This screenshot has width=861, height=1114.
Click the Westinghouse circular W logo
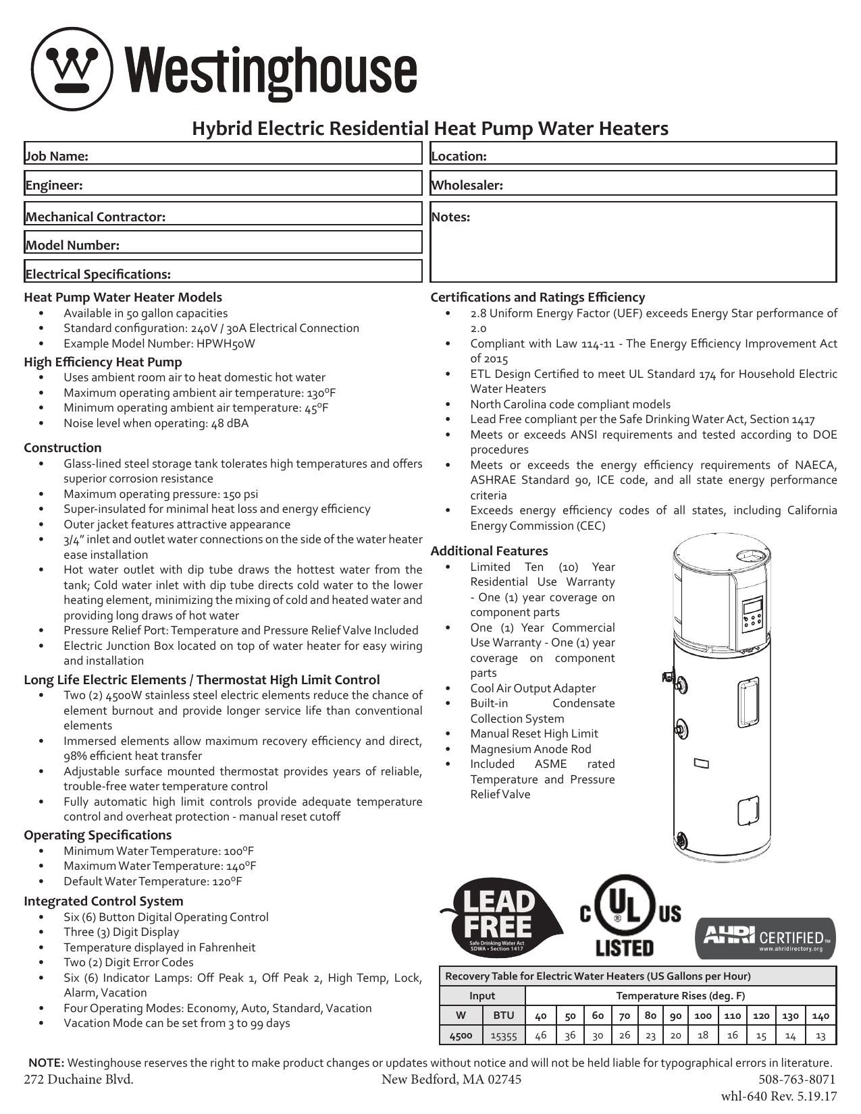[72, 69]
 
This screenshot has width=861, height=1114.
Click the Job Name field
[223, 154]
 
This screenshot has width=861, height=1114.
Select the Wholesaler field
[633, 183]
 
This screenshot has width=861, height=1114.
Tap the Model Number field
[223, 243]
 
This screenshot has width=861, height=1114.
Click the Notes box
[633, 242]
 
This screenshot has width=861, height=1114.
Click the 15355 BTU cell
[504, 1035]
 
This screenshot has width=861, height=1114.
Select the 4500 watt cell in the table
[461, 1035]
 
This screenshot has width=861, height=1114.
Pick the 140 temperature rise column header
[820, 1015]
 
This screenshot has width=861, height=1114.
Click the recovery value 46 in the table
[541, 1035]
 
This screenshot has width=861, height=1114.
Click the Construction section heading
[63, 448]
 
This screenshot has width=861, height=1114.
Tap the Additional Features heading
[489, 551]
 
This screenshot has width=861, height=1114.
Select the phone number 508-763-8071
[797, 1079]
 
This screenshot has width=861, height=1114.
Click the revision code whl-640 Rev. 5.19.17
[779, 1097]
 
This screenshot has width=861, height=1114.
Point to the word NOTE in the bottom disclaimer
[46, 1063]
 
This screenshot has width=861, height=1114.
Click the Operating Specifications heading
[98, 835]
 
